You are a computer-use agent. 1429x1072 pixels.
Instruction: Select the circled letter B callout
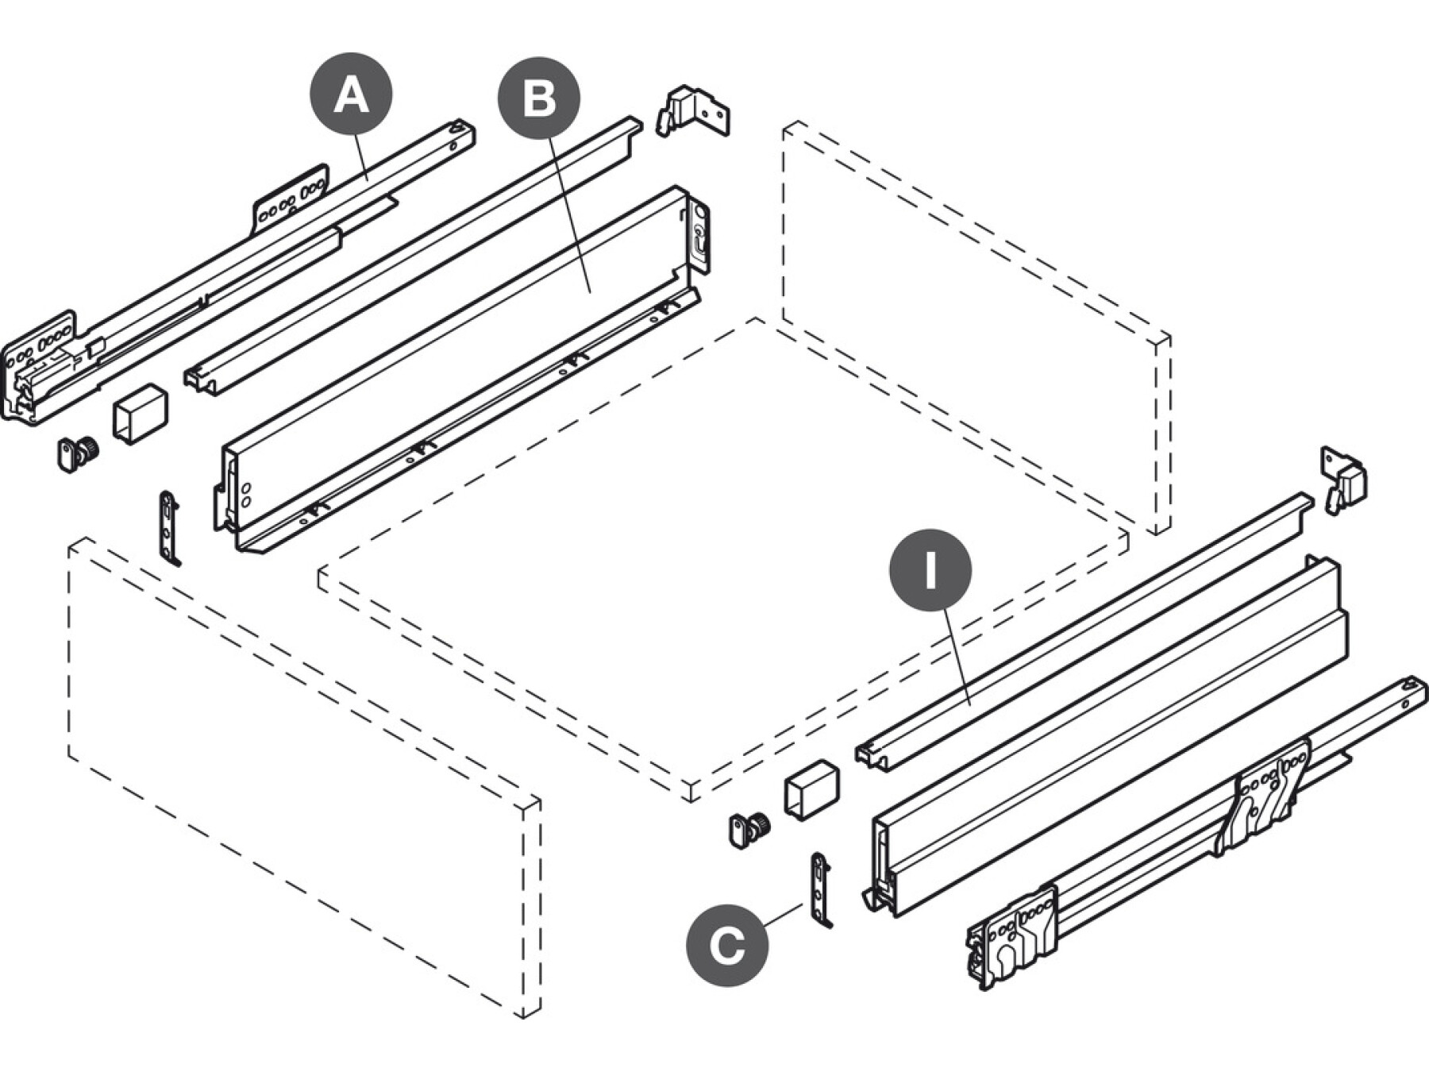pos(539,98)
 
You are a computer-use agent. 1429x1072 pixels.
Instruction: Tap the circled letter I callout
pos(930,570)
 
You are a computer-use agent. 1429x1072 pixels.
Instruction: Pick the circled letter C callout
pos(727,946)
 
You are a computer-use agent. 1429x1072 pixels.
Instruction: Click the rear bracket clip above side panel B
pos(691,112)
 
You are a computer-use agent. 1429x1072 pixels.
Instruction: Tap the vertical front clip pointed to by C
pos(820,889)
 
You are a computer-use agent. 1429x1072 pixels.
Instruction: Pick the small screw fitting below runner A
pos(77,453)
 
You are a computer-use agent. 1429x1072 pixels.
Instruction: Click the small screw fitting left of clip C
pos(748,831)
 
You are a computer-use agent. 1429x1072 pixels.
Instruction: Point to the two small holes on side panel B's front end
pos(246,494)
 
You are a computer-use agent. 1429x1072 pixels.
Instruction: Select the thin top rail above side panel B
pos(413,254)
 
